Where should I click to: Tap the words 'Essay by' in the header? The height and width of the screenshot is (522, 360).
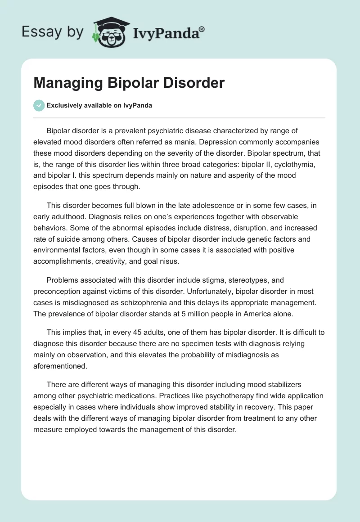[x=53, y=31]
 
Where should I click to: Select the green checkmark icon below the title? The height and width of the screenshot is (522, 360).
[x=39, y=105]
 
